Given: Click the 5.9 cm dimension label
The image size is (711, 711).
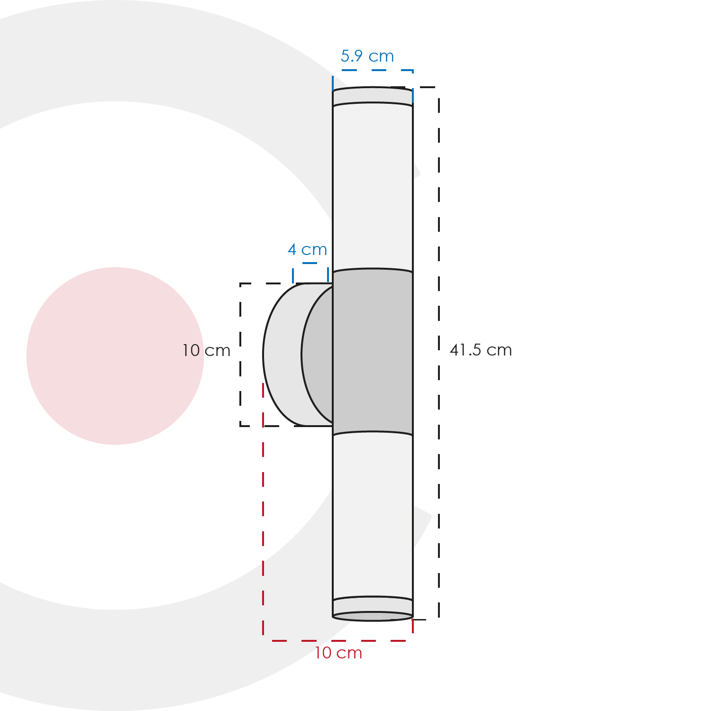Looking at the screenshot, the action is click(367, 56).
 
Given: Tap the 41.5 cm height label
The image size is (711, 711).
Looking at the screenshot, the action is click(481, 350).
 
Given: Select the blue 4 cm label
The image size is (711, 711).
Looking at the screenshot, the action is click(308, 249).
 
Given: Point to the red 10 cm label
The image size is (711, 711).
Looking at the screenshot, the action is click(338, 653).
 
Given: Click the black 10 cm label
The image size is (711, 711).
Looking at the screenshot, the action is click(206, 351).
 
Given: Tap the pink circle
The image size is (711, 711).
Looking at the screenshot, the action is click(115, 356).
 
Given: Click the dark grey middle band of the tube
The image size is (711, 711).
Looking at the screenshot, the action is click(373, 352).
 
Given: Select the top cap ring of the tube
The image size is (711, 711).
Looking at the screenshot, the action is click(373, 96).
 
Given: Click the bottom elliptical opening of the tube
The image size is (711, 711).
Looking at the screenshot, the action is click(373, 616).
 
